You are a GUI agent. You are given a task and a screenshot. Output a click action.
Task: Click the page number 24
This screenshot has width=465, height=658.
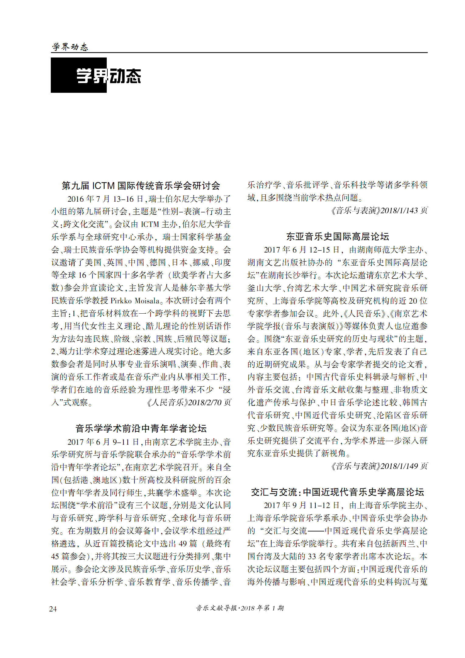(x=53, y=609)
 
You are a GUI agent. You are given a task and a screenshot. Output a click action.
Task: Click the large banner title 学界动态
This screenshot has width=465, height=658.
(x=109, y=75)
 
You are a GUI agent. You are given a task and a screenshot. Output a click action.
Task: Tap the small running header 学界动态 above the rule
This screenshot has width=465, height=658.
(x=70, y=47)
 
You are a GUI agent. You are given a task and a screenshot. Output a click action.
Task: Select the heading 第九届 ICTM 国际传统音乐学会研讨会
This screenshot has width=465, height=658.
(x=141, y=186)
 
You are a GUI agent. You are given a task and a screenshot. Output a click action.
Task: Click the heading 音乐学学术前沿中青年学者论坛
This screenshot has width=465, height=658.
(x=141, y=429)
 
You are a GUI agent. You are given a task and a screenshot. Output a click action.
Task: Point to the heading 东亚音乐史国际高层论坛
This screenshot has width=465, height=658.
(x=337, y=236)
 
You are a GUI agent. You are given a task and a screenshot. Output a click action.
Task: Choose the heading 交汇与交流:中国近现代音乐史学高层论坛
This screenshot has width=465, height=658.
(x=337, y=492)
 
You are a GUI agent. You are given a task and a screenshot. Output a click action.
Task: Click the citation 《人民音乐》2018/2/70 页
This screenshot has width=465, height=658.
(x=189, y=402)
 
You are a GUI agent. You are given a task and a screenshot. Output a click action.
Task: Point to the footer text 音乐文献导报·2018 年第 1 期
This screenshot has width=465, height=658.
(x=240, y=608)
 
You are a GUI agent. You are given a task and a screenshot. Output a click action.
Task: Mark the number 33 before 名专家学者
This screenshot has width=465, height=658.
(x=312, y=556)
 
